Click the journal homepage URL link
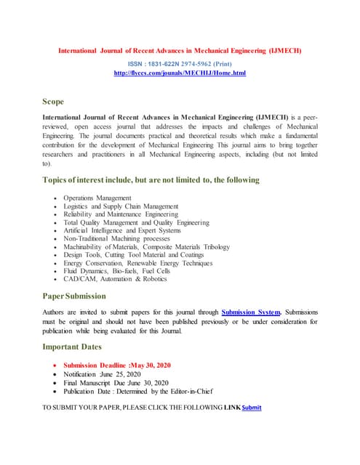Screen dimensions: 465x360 tap(180, 73)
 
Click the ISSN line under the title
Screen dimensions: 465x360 tap(180, 64)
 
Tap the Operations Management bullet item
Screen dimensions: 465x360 tap(97, 198)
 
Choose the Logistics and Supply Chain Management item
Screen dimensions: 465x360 tap(120, 206)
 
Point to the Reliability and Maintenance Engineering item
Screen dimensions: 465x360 tap(120, 214)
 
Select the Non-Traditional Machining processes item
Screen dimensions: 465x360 tap(116, 239)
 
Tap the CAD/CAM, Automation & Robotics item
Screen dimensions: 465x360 tap(115, 280)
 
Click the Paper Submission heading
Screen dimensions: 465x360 tap(74, 296)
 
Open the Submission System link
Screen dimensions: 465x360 tap(251, 312)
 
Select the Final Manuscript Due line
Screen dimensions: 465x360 tap(116, 383)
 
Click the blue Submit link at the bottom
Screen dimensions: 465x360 tap(251, 408)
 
